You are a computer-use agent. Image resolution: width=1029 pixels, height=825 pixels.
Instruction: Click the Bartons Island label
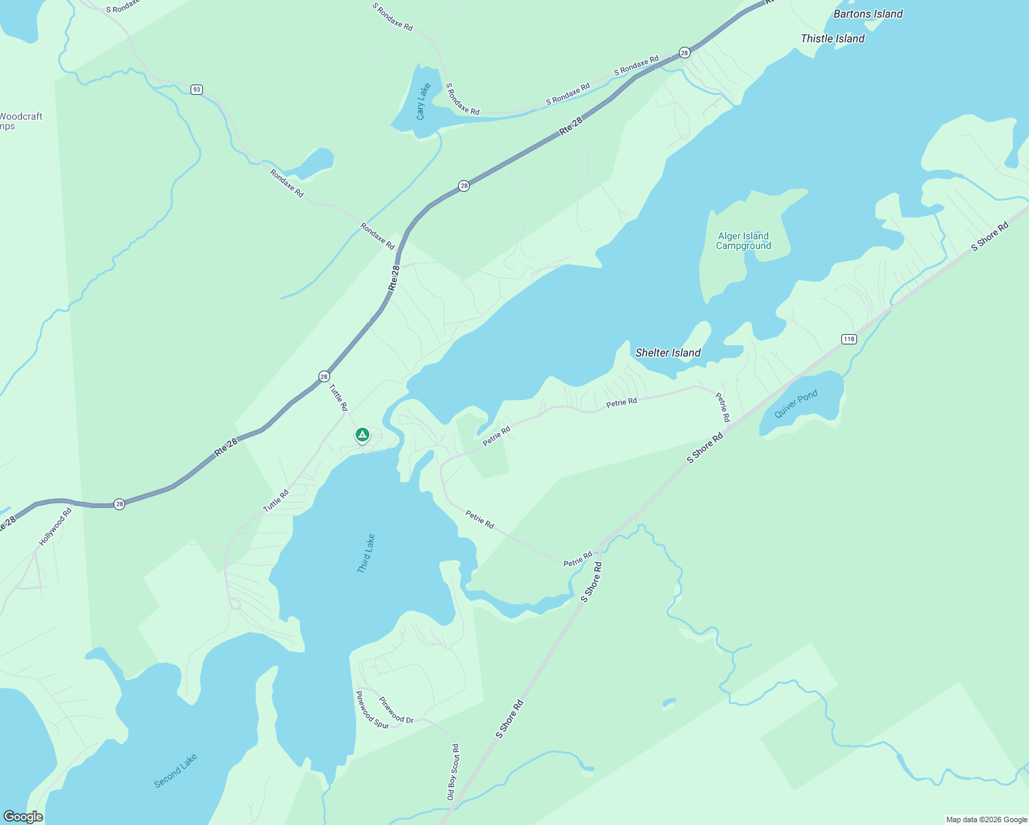pyautogui.click(x=867, y=14)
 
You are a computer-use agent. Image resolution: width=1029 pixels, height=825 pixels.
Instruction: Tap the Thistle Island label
pyautogui.click(x=832, y=38)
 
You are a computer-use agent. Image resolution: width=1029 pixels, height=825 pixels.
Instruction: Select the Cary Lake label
pyautogui.click(x=423, y=101)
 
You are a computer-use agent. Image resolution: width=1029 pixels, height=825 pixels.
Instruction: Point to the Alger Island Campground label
pyautogui.click(x=743, y=241)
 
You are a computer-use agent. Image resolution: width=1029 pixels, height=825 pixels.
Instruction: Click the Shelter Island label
pyautogui.click(x=667, y=353)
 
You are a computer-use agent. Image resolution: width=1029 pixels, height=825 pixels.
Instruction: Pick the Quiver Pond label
pyautogui.click(x=796, y=404)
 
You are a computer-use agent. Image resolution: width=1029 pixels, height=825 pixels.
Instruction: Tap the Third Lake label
pyautogui.click(x=366, y=553)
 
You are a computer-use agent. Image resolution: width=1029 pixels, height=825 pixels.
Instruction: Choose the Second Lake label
pyautogui.click(x=175, y=770)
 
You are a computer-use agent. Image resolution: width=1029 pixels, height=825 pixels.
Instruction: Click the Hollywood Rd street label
pyautogui.click(x=55, y=527)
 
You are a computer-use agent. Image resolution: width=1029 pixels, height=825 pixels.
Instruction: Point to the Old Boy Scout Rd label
pyautogui.click(x=453, y=771)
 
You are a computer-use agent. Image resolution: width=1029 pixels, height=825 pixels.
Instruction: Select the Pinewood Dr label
pyautogui.click(x=396, y=711)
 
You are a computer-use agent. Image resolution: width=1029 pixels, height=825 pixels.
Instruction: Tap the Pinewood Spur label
pyautogui.click(x=371, y=710)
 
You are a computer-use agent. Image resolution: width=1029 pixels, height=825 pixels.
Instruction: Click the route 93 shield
pyautogui.click(x=197, y=90)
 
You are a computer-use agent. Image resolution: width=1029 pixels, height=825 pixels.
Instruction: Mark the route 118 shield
pyautogui.click(x=848, y=339)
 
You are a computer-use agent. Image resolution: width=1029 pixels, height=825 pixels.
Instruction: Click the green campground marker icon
pyautogui.click(x=362, y=435)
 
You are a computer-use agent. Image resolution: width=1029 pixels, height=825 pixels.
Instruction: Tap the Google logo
pyautogui.click(x=23, y=817)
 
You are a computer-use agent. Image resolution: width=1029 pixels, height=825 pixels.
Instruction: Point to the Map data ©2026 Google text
pyautogui.click(x=986, y=819)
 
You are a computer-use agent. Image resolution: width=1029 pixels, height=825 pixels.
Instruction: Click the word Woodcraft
pyautogui.click(x=21, y=116)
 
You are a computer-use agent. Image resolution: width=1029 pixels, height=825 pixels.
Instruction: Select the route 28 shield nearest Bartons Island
pyautogui.click(x=684, y=52)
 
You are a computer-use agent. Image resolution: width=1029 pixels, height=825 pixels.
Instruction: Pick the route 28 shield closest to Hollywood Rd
pyautogui.click(x=119, y=504)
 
